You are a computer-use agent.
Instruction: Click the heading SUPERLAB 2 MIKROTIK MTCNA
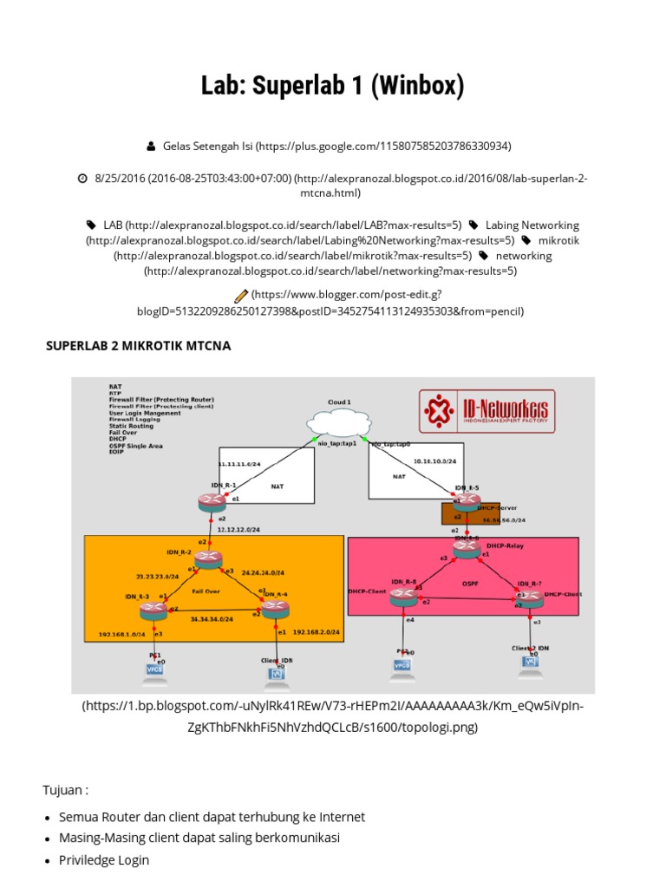point(138,346)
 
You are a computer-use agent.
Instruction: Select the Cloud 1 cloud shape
point(338,424)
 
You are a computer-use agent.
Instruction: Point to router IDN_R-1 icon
point(210,501)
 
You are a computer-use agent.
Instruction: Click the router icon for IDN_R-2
point(208,559)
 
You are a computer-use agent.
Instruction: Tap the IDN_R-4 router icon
point(274,609)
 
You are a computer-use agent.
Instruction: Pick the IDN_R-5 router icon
point(467,500)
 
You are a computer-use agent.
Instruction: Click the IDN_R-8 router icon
point(403,596)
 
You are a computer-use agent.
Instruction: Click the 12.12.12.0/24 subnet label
point(239,528)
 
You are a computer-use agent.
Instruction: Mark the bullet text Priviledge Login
point(104,860)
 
